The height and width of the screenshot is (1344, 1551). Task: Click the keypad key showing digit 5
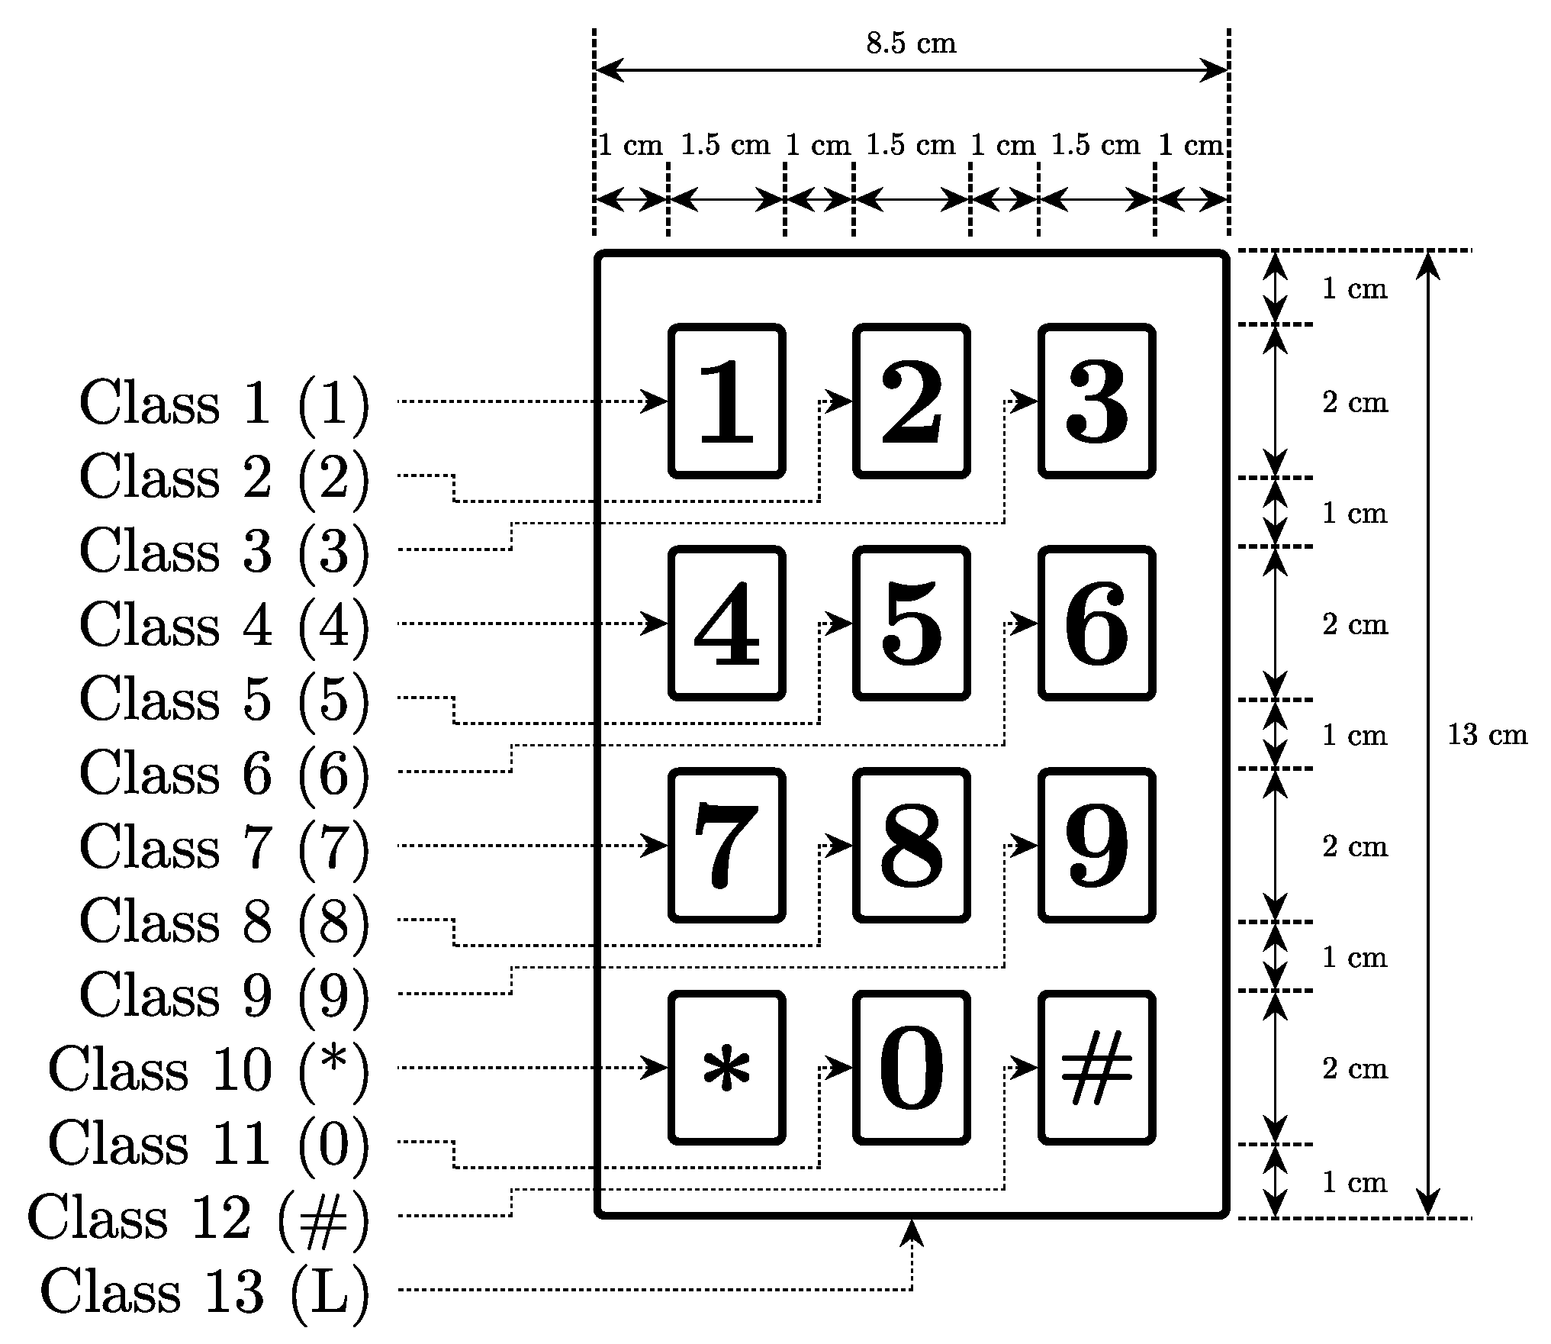pos(911,623)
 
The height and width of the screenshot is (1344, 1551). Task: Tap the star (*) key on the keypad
pos(726,1067)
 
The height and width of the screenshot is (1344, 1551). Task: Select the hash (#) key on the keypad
pos(1096,1067)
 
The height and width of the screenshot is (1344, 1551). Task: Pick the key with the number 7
pos(726,845)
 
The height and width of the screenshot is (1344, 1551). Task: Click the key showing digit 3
pos(1096,401)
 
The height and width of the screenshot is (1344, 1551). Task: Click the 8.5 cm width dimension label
pos(911,44)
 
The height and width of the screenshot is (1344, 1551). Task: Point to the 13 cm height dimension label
pos(1487,734)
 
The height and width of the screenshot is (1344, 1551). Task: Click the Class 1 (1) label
pos(224,401)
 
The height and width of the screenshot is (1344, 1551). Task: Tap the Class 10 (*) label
pos(208,1068)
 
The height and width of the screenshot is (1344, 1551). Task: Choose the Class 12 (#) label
pos(198,1216)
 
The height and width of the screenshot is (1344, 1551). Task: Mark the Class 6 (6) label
pos(224,772)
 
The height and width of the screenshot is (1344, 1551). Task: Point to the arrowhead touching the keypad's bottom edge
pos(912,1233)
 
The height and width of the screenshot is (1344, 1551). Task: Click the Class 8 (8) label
pos(224,920)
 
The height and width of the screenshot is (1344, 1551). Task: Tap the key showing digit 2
pos(911,401)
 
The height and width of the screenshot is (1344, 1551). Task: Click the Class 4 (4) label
pos(224,624)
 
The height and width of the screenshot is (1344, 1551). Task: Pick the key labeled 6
pos(1096,623)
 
